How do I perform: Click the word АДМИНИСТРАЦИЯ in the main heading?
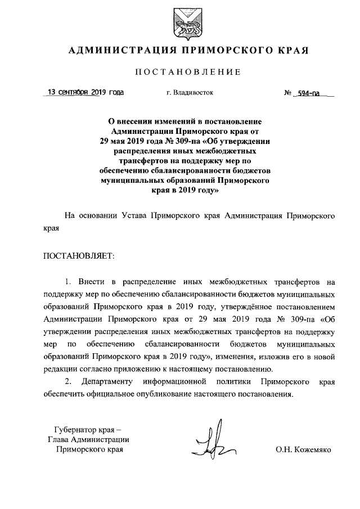(x=118, y=51)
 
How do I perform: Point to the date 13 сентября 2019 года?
(x=86, y=92)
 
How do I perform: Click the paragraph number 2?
(x=68, y=382)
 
